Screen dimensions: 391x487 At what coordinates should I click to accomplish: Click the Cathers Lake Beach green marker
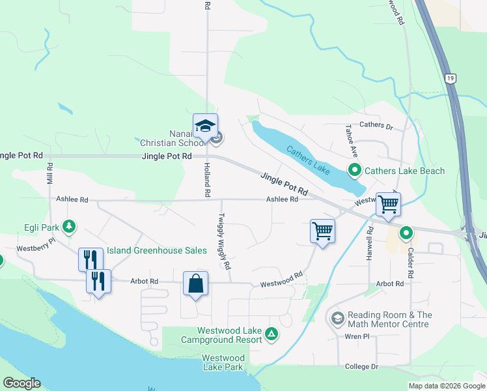coord(355,171)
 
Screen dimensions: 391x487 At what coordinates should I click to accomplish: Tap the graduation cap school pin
coord(205,125)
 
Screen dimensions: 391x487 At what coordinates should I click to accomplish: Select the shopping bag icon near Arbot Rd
coord(195,283)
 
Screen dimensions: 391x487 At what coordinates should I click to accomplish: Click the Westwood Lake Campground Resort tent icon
coord(271,335)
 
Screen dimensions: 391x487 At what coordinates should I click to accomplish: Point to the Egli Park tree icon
coord(68,227)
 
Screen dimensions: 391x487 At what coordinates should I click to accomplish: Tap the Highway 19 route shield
coord(450,78)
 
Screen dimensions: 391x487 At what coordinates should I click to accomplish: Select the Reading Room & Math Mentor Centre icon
coord(337,318)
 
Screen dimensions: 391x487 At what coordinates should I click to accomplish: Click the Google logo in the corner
coord(21,383)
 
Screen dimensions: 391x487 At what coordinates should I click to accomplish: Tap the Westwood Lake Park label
coord(223,362)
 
